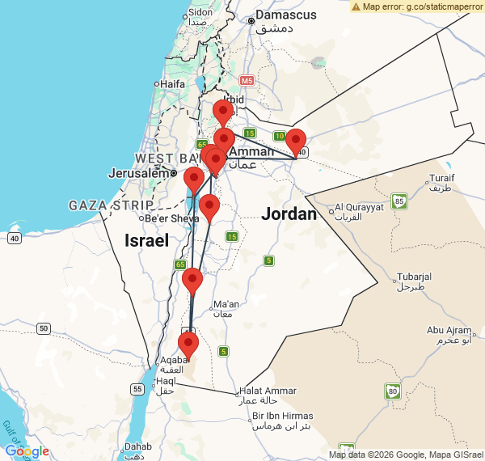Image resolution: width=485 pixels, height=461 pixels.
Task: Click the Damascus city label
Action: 281,15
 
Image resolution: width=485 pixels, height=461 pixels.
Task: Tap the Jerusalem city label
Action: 141,172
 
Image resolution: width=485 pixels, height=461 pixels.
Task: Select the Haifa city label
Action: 171,83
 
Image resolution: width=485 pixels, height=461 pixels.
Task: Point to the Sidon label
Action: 200,12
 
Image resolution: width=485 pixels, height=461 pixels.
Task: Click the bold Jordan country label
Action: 289,214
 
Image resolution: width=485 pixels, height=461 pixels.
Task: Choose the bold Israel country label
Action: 146,240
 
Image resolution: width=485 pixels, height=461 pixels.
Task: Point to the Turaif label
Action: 442,180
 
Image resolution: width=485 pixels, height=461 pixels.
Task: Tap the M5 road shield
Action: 247,81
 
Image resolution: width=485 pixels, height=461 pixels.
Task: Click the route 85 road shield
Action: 398,200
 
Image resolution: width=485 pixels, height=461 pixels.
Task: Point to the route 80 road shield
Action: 393,391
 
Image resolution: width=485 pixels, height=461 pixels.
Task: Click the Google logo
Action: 27,451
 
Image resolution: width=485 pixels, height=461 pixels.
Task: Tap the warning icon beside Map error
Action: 356,6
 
